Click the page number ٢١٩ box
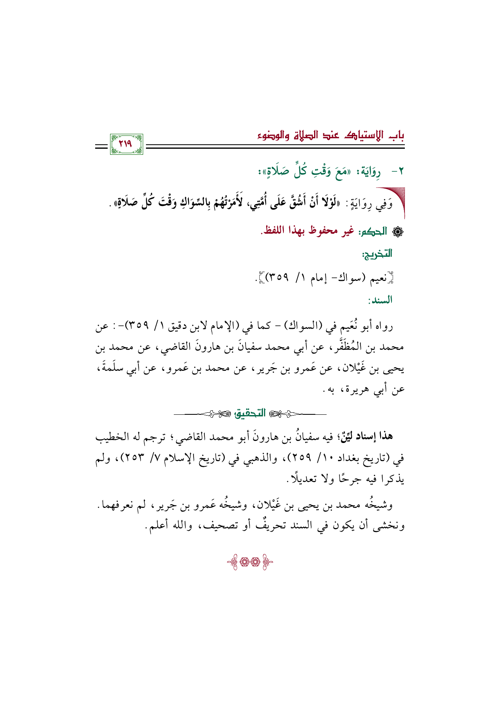click(x=126, y=144)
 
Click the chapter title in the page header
click(x=331, y=135)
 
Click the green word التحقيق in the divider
click(x=251, y=413)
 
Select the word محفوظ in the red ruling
click(x=319, y=231)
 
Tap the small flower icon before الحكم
click(x=395, y=231)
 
